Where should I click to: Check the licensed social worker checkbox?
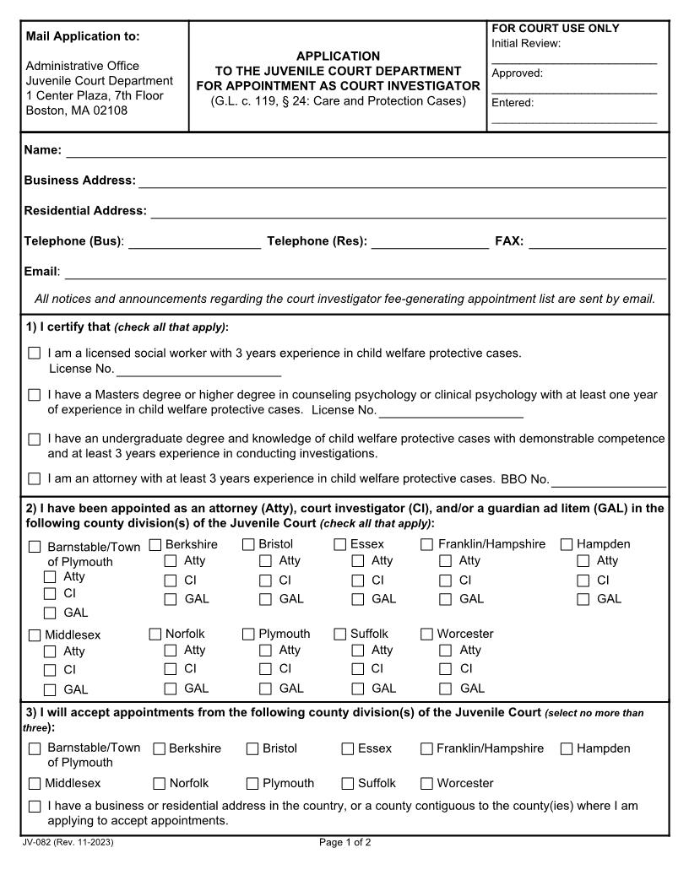click(35, 354)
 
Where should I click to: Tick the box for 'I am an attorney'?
click(35, 478)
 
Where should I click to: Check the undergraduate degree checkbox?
click(35, 440)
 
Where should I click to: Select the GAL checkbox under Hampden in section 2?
click(583, 599)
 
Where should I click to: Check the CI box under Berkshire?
click(171, 580)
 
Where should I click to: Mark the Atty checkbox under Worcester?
click(446, 651)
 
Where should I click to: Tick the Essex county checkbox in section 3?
click(348, 748)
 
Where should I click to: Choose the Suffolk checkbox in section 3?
click(348, 783)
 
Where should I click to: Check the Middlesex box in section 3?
click(35, 783)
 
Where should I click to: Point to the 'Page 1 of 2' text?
click(344, 843)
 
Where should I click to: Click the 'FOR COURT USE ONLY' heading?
click(555, 29)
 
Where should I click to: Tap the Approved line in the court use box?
click(574, 89)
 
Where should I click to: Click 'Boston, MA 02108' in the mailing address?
click(77, 111)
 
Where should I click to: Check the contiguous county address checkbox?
click(35, 807)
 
